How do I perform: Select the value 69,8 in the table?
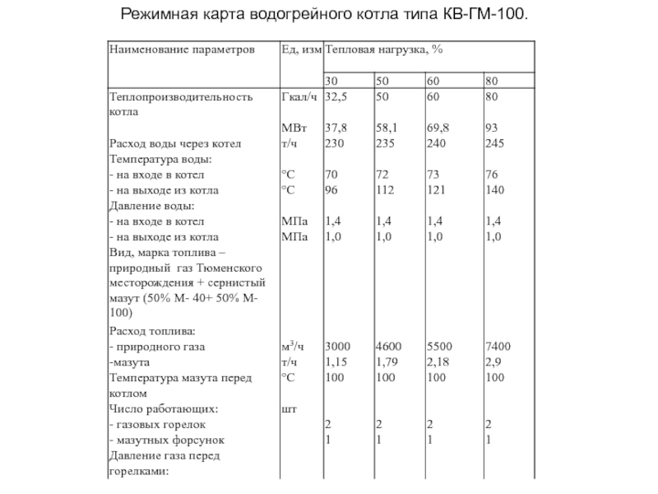[438, 128]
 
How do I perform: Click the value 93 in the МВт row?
[493, 128]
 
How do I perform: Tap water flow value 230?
[334, 143]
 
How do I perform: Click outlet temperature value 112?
[385, 190]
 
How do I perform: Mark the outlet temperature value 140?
[495, 190]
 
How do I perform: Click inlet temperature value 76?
[493, 175]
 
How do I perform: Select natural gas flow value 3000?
[338, 347]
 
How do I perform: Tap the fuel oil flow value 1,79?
[387, 361]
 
